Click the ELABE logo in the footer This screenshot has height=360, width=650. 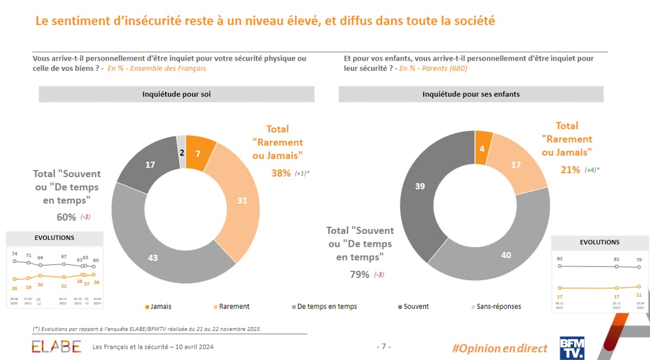[56, 346]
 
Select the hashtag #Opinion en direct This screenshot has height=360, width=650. [499, 348]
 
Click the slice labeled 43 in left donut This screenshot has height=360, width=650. [154, 258]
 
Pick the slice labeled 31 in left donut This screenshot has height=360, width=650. [241, 201]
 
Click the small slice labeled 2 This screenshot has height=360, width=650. [181, 153]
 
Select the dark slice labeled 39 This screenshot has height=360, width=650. [420, 186]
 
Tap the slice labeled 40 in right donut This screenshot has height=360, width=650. [505, 254]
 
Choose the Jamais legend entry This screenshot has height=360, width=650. [158, 306]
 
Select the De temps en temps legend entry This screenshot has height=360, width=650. [327, 306]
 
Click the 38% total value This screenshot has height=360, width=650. [281, 173]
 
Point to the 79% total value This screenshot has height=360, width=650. [360, 274]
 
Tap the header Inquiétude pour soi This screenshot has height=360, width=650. [177, 94]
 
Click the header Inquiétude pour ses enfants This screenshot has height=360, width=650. [471, 94]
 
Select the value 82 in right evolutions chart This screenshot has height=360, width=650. [560, 259]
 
